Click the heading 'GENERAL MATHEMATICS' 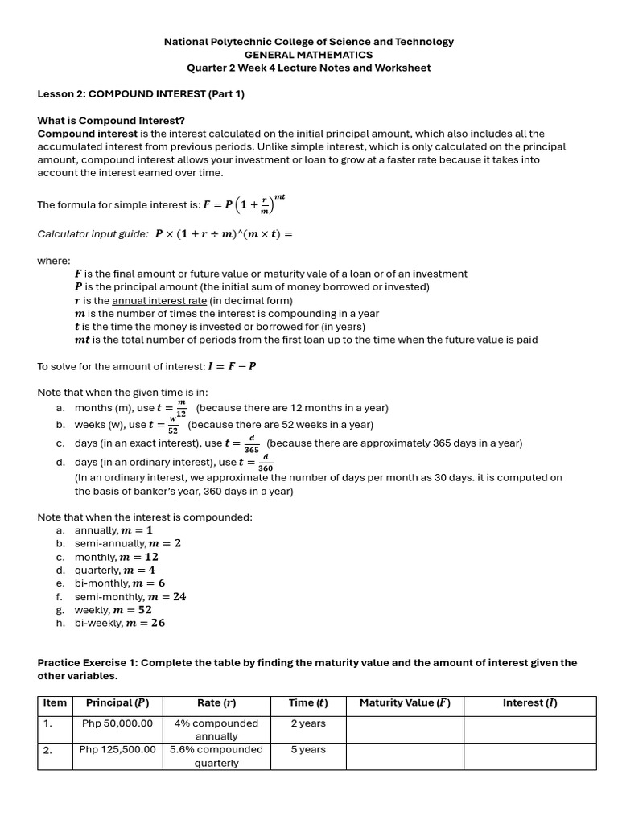point(309,55)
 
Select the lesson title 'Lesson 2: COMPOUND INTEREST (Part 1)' point(141,94)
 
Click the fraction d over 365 point(252,444)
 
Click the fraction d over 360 point(266,463)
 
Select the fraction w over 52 point(173,426)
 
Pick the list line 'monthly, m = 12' point(116,557)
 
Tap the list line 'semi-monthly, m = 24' point(130,597)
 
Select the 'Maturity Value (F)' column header point(405,703)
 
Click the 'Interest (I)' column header point(529,703)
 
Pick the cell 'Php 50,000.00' point(117,723)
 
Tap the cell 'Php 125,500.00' point(117,750)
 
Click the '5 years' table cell point(308,750)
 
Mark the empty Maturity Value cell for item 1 point(405,729)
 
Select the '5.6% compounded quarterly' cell point(216,756)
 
